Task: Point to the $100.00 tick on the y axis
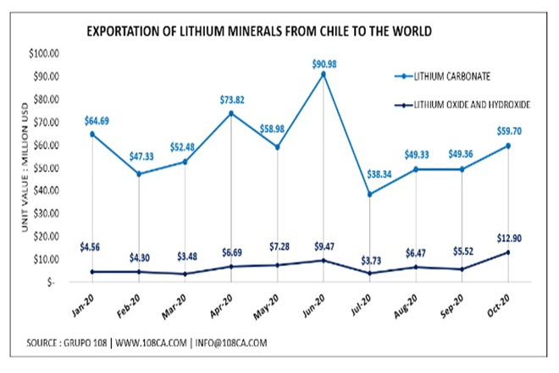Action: (x=42, y=53)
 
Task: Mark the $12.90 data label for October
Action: (x=509, y=239)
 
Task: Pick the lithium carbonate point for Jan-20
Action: (x=92, y=134)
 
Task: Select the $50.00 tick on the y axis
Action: (x=42, y=168)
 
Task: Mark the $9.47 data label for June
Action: (x=325, y=247)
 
